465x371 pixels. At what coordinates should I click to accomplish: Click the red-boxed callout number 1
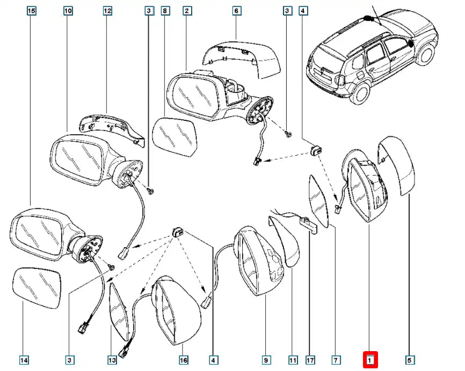point(370,359)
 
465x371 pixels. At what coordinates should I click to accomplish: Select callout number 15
point(31,10)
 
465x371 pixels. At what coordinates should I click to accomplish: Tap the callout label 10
point(68,10)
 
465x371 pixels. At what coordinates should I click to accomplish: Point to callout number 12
point(107,10)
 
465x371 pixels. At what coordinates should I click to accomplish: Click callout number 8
point(165,10)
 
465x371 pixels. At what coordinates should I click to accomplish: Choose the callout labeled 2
point(187,10)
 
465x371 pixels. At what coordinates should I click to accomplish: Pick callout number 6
point(236,10)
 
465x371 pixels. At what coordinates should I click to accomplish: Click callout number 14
point(24,359)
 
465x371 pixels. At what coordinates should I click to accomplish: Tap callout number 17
point(310,359)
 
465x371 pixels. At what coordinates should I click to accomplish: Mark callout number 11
point(293,359)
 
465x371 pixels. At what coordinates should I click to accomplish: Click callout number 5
point(409,359)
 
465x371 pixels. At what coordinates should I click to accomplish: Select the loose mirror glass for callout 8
point(174,136)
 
